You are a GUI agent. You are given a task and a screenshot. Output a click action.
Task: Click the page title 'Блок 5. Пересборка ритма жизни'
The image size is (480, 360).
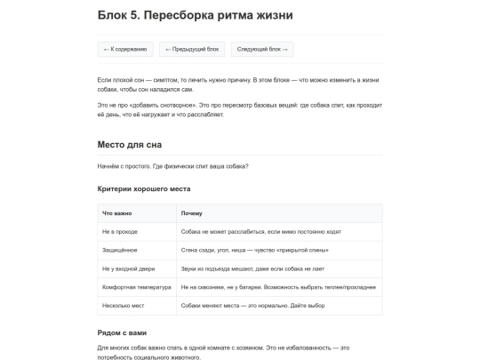click(195, 15)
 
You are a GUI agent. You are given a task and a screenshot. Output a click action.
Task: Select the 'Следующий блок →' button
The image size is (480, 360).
click(262, 50)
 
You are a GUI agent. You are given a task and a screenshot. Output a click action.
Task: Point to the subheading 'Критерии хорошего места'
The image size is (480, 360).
click(144, 188)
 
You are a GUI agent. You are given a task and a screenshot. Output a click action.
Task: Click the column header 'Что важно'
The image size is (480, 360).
click(117, 213)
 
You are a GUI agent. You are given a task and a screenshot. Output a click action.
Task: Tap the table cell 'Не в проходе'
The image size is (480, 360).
click(120, 231)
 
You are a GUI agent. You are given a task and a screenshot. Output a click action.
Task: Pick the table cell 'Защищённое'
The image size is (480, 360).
click(120, 250)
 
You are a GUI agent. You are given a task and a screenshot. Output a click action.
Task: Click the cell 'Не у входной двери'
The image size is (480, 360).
click(128, 268)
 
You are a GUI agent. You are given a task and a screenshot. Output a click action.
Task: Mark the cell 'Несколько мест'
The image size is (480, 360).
click(124, 306)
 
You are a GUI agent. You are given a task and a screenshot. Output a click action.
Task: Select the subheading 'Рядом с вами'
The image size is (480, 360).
click(122, 332)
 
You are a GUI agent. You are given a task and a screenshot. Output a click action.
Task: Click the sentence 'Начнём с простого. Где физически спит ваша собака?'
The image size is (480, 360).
click(172, 166)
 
